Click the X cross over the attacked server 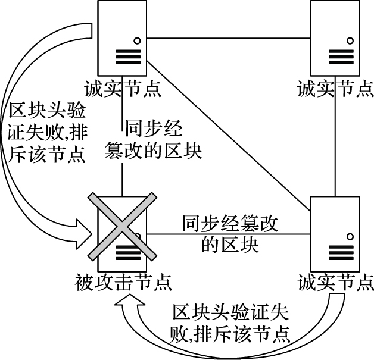[x=123, y=224]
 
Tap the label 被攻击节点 [x=124, y=281]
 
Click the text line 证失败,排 [x=46, y=132]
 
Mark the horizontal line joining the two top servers [x=229, y=39]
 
